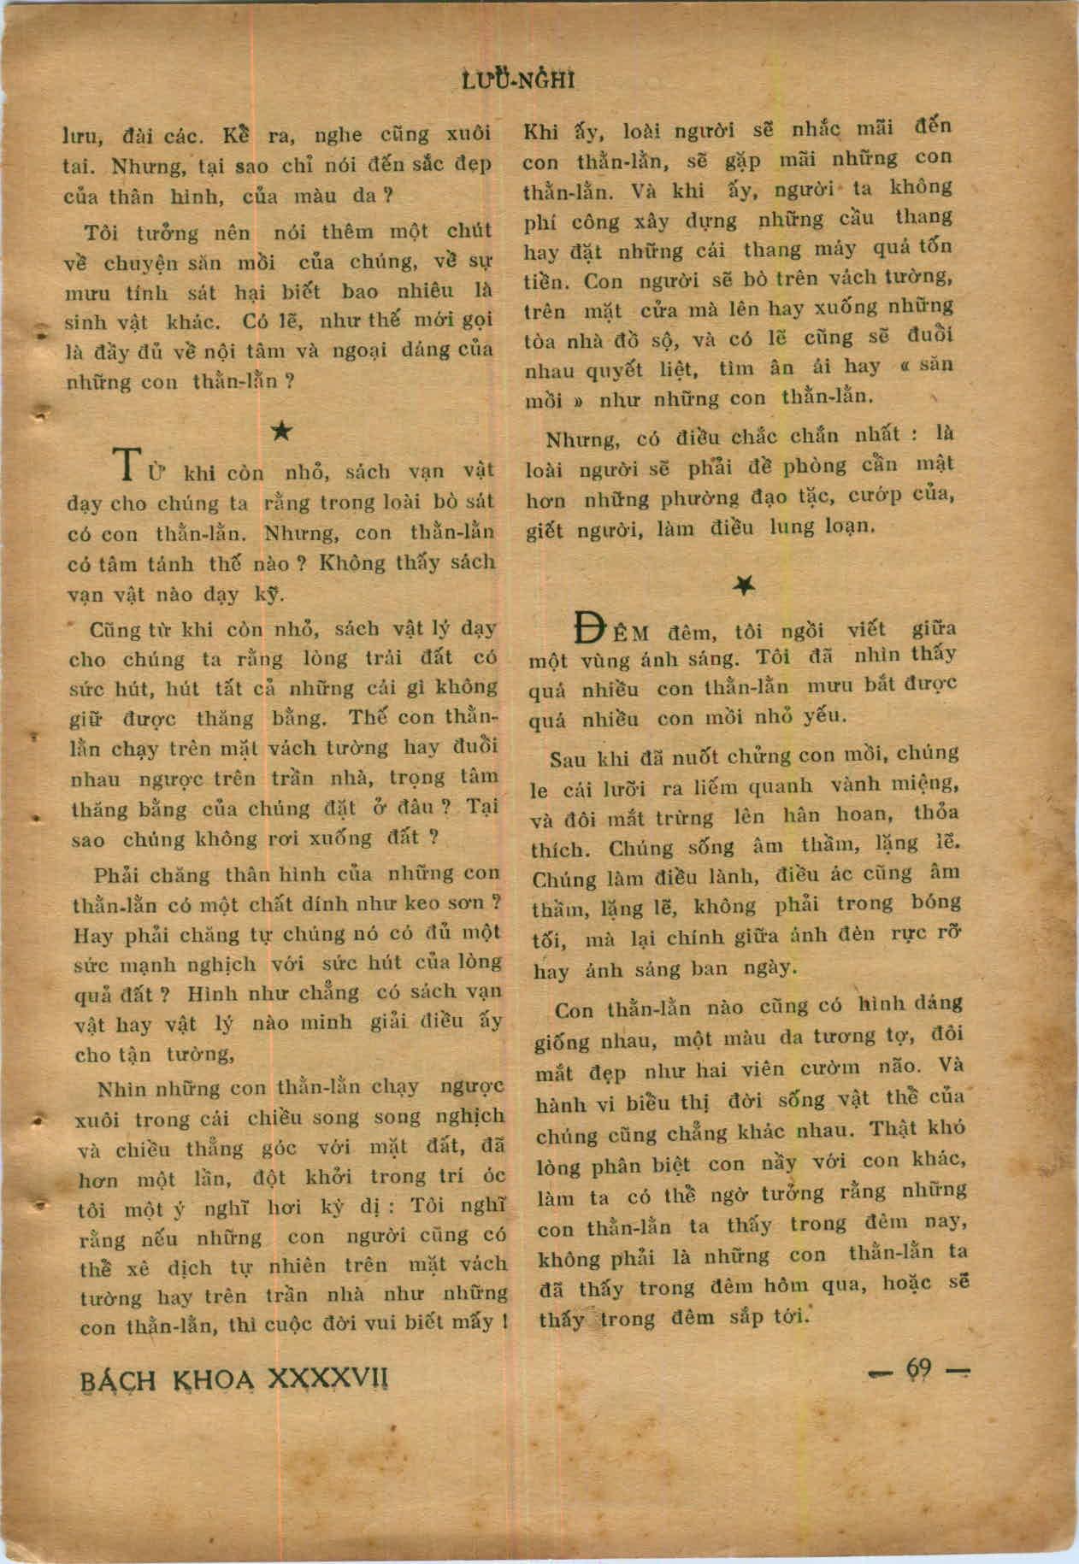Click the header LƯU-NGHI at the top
pos(517,80)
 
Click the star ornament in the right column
pos(744,585)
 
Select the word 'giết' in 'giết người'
pos(546,532)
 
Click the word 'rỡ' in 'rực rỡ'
pos(948,935)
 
